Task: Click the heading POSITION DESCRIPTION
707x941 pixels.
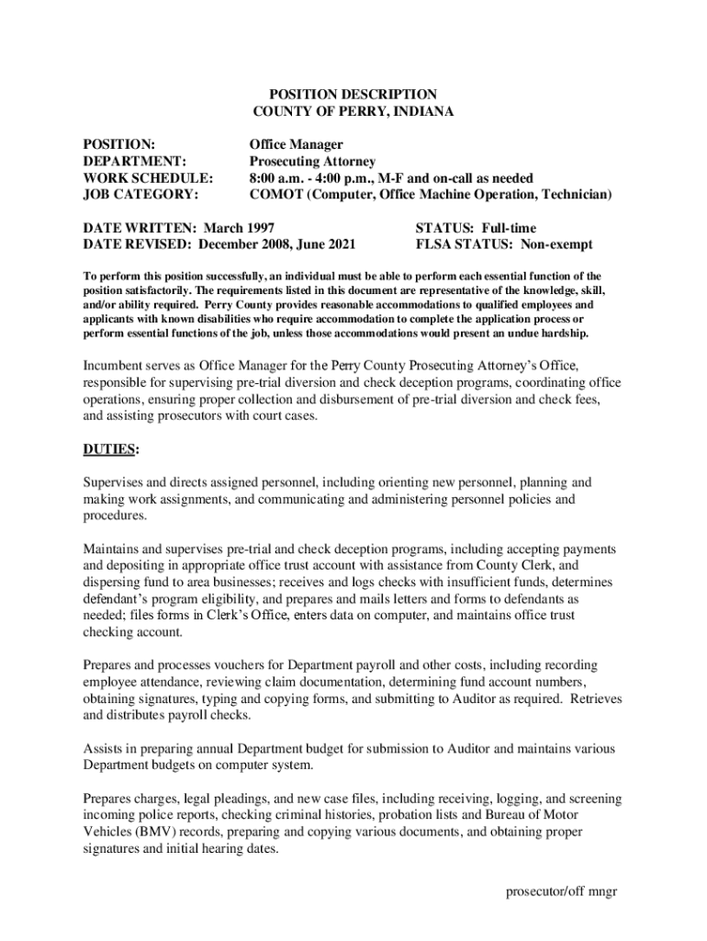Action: pos(353,94)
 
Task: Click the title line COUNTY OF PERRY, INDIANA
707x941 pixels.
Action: pos(353,111)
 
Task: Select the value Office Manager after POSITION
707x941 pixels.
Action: pos(297,144)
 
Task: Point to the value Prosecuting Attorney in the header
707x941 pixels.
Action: pos(312,161)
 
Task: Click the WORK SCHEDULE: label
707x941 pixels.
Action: pos(149,177)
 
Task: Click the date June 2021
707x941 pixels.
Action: pos(325,244)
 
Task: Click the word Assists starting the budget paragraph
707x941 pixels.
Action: pos(103,748)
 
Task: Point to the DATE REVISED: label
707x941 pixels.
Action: pos(138,244)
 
